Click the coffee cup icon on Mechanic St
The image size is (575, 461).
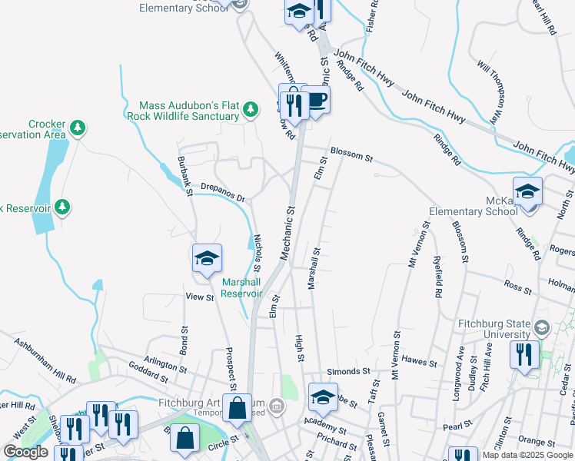click(x=315, y=98)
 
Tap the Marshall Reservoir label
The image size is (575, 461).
click(x=243, y=288)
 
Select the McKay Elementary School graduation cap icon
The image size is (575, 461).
click(x=527, y=191)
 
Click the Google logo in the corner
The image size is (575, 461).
click(x=25, y=452)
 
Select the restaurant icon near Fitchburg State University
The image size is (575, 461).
click(x=524, y=354)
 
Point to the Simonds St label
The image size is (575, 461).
click(x=344, y=372)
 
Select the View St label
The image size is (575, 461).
click(x=199, y=297)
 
